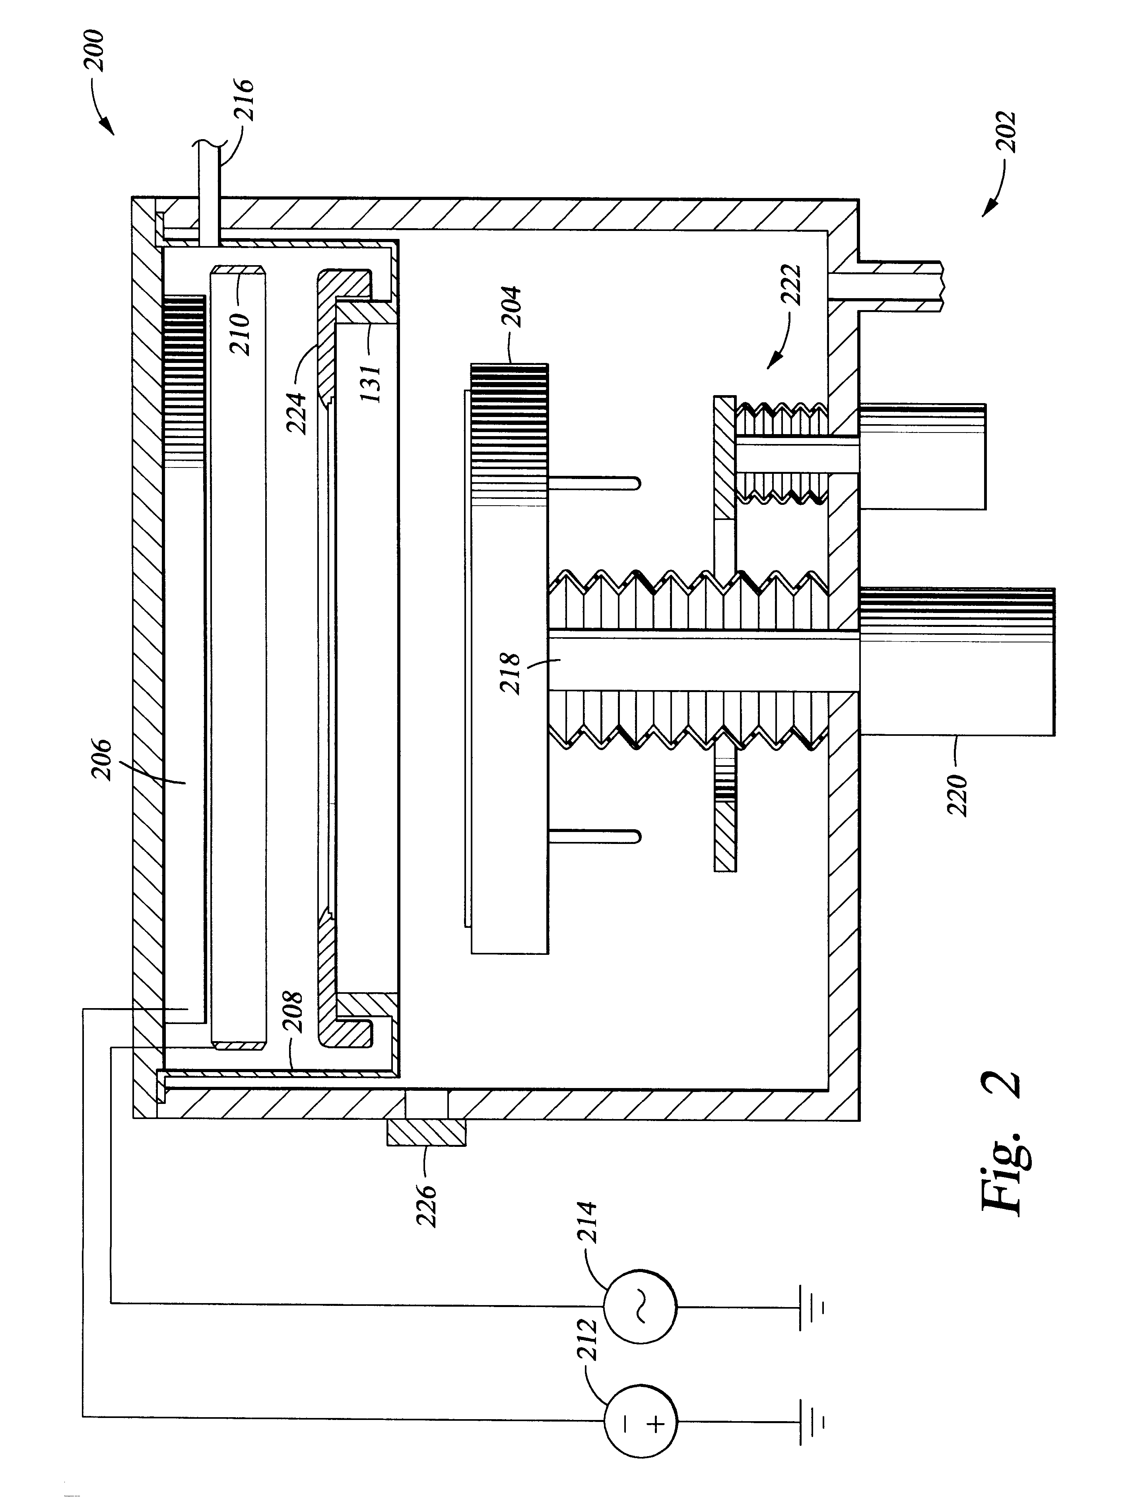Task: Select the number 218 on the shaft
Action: pyautogui.click(x=511, y=673)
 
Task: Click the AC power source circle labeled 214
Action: pyautogui.click(x=639, y=1306)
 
